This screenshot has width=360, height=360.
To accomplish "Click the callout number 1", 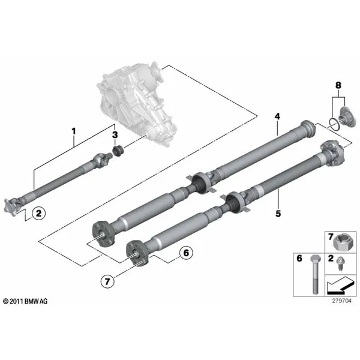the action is (x=73, y=131).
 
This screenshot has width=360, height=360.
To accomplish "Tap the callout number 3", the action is (x=115, y=135).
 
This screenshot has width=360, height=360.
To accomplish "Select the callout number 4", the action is (x=277, y=116).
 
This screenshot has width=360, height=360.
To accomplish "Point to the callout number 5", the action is (x=278, y=214).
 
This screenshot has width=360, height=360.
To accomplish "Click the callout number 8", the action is (x=338, y=85).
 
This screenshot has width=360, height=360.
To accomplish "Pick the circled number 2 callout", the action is (x=39, y=213).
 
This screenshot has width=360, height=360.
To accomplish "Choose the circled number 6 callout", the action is (x=186, y=253).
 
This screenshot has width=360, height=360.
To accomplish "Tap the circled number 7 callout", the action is (x=107, y=281).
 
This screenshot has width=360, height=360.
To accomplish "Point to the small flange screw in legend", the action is (x=340, y=264).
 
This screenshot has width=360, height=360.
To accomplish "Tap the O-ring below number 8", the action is (x=334, y=124).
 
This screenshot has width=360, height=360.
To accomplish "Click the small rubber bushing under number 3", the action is (x=118, y=151).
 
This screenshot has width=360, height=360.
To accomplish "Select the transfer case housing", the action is (x=136, y=103).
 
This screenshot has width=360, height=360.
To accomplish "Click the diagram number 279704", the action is (x=341, y=301).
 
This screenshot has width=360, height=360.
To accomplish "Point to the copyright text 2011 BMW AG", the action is (x=25, y=301).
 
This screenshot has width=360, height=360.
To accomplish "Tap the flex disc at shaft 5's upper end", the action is (x=333, y=152).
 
